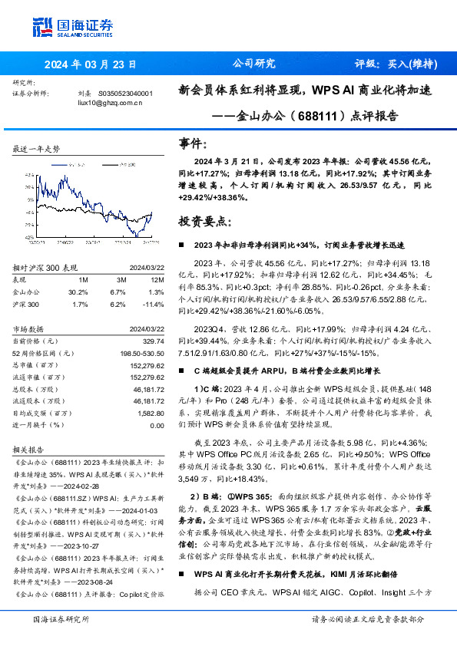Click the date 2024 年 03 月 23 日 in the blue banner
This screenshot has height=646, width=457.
90,64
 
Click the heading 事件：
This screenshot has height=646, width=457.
193,143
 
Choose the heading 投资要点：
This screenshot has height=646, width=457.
204,222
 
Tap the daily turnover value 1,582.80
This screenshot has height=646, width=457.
149,413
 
